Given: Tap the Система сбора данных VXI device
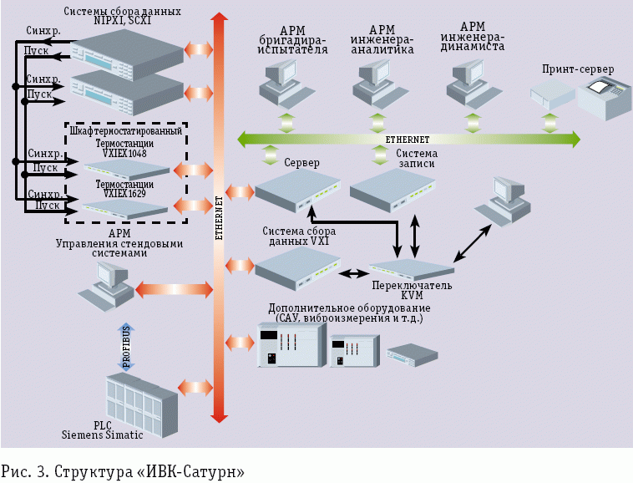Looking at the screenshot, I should pyautogui.click(x=296, y=267).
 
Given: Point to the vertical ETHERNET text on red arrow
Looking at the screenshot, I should pyautogui.click(x=219, y=217).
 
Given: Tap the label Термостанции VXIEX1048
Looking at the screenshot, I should pyautogui.click(x=124, y=150).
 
